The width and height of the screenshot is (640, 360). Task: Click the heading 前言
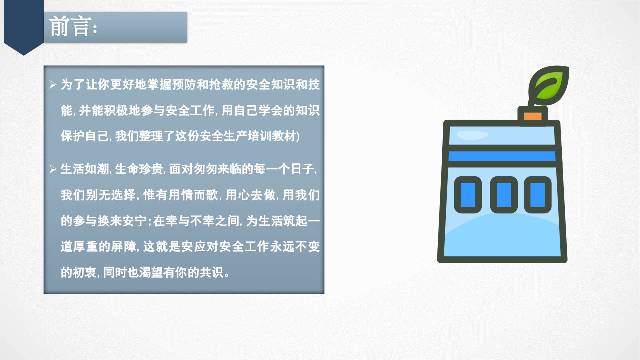point(70,26)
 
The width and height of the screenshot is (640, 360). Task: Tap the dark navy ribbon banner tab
point(24,27)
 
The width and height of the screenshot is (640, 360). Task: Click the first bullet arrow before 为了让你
point(53,85)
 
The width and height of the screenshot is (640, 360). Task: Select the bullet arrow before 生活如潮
point(53,169)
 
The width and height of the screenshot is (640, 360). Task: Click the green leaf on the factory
point(549,85)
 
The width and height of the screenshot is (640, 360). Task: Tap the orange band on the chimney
point(533,116)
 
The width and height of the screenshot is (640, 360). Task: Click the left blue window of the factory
point(468,195)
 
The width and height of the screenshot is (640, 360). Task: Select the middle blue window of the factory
point(504,195)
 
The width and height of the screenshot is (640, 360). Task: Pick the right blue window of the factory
point(537,195)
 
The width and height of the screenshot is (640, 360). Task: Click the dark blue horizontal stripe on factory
point(502,156)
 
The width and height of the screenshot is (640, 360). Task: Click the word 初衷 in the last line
point(85,273)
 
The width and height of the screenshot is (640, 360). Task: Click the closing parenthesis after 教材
point(298,137)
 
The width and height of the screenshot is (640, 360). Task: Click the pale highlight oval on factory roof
point(472,135)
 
